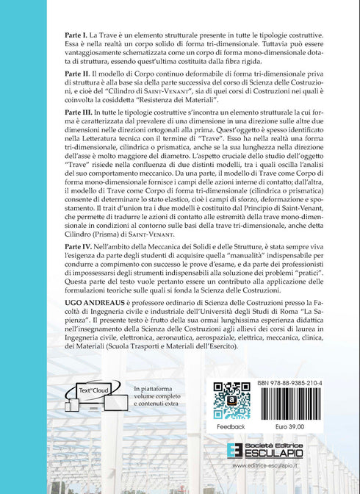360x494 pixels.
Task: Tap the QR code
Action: (233, 401)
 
